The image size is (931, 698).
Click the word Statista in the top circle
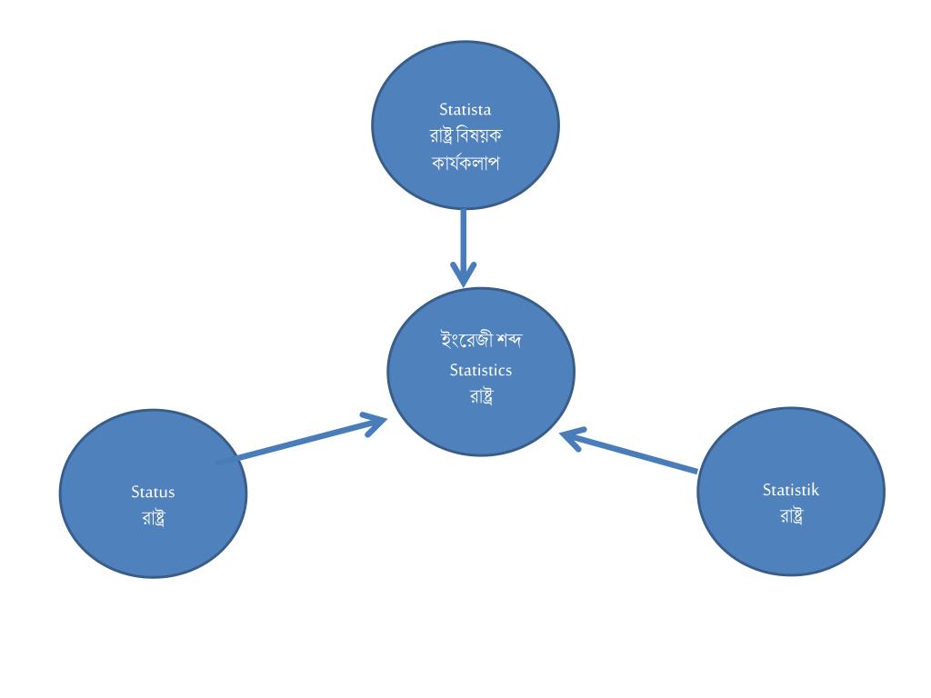pos(465,110)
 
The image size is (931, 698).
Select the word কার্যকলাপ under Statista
pos(465,164)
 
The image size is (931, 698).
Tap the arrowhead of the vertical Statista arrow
pos(464,274)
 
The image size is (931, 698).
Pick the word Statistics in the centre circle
pos(481,370)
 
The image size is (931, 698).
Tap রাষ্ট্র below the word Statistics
pos(481,396)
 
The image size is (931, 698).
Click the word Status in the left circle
pos(153,493)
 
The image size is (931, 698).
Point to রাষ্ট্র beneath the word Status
pos(153,519)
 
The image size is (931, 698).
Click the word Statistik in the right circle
pos(791,490)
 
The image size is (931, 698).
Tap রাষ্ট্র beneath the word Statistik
pos(792,516)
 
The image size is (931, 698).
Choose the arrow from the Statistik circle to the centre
pos(636,454)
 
